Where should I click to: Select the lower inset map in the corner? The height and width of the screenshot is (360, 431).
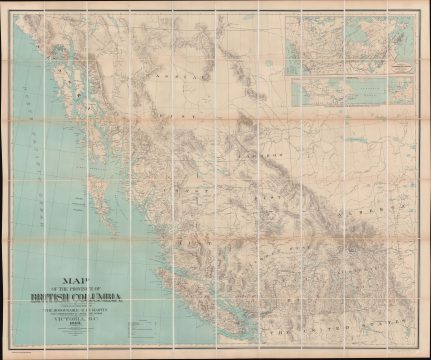point(350,91)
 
